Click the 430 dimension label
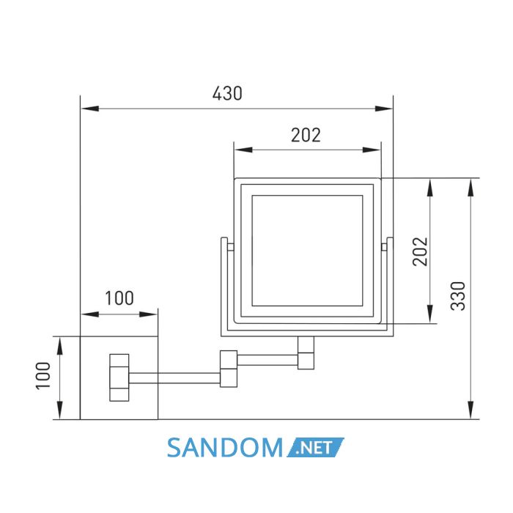227,93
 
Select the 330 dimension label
458,296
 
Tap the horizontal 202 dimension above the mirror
306,135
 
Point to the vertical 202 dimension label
421,251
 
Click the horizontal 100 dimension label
119,298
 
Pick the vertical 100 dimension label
43,375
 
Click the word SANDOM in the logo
224,448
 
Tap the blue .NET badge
315,447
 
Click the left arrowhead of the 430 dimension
90,108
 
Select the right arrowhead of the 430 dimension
383,108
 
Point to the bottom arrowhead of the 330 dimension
470,410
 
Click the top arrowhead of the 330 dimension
470,188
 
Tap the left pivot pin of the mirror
231,247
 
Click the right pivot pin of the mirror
384,247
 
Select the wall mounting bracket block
119,377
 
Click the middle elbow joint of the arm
229,369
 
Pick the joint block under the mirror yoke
306,353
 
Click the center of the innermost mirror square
307,251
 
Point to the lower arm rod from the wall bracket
174,378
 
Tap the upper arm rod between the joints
267,360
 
